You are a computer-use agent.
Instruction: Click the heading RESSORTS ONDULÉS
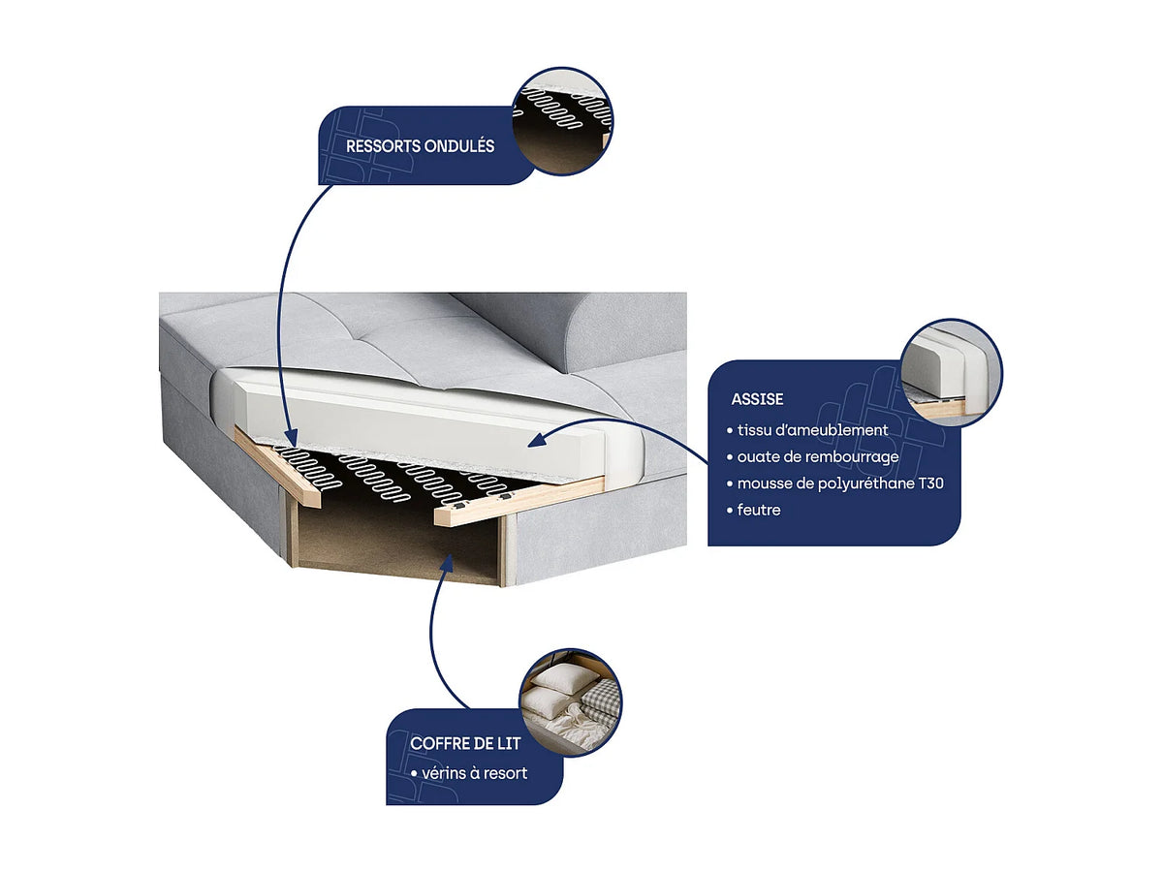point(420,146)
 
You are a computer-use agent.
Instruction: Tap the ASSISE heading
point(757,399)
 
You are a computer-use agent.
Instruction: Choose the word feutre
point(759,510)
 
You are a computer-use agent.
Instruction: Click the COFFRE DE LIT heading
point(465,743)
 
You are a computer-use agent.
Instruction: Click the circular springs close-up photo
point(562,121)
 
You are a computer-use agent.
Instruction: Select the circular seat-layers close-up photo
point(951,372)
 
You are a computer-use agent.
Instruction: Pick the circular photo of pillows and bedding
point(571,702)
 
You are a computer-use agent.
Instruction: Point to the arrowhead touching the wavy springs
point(291,436)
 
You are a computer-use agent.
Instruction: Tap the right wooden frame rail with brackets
point(519,501)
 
